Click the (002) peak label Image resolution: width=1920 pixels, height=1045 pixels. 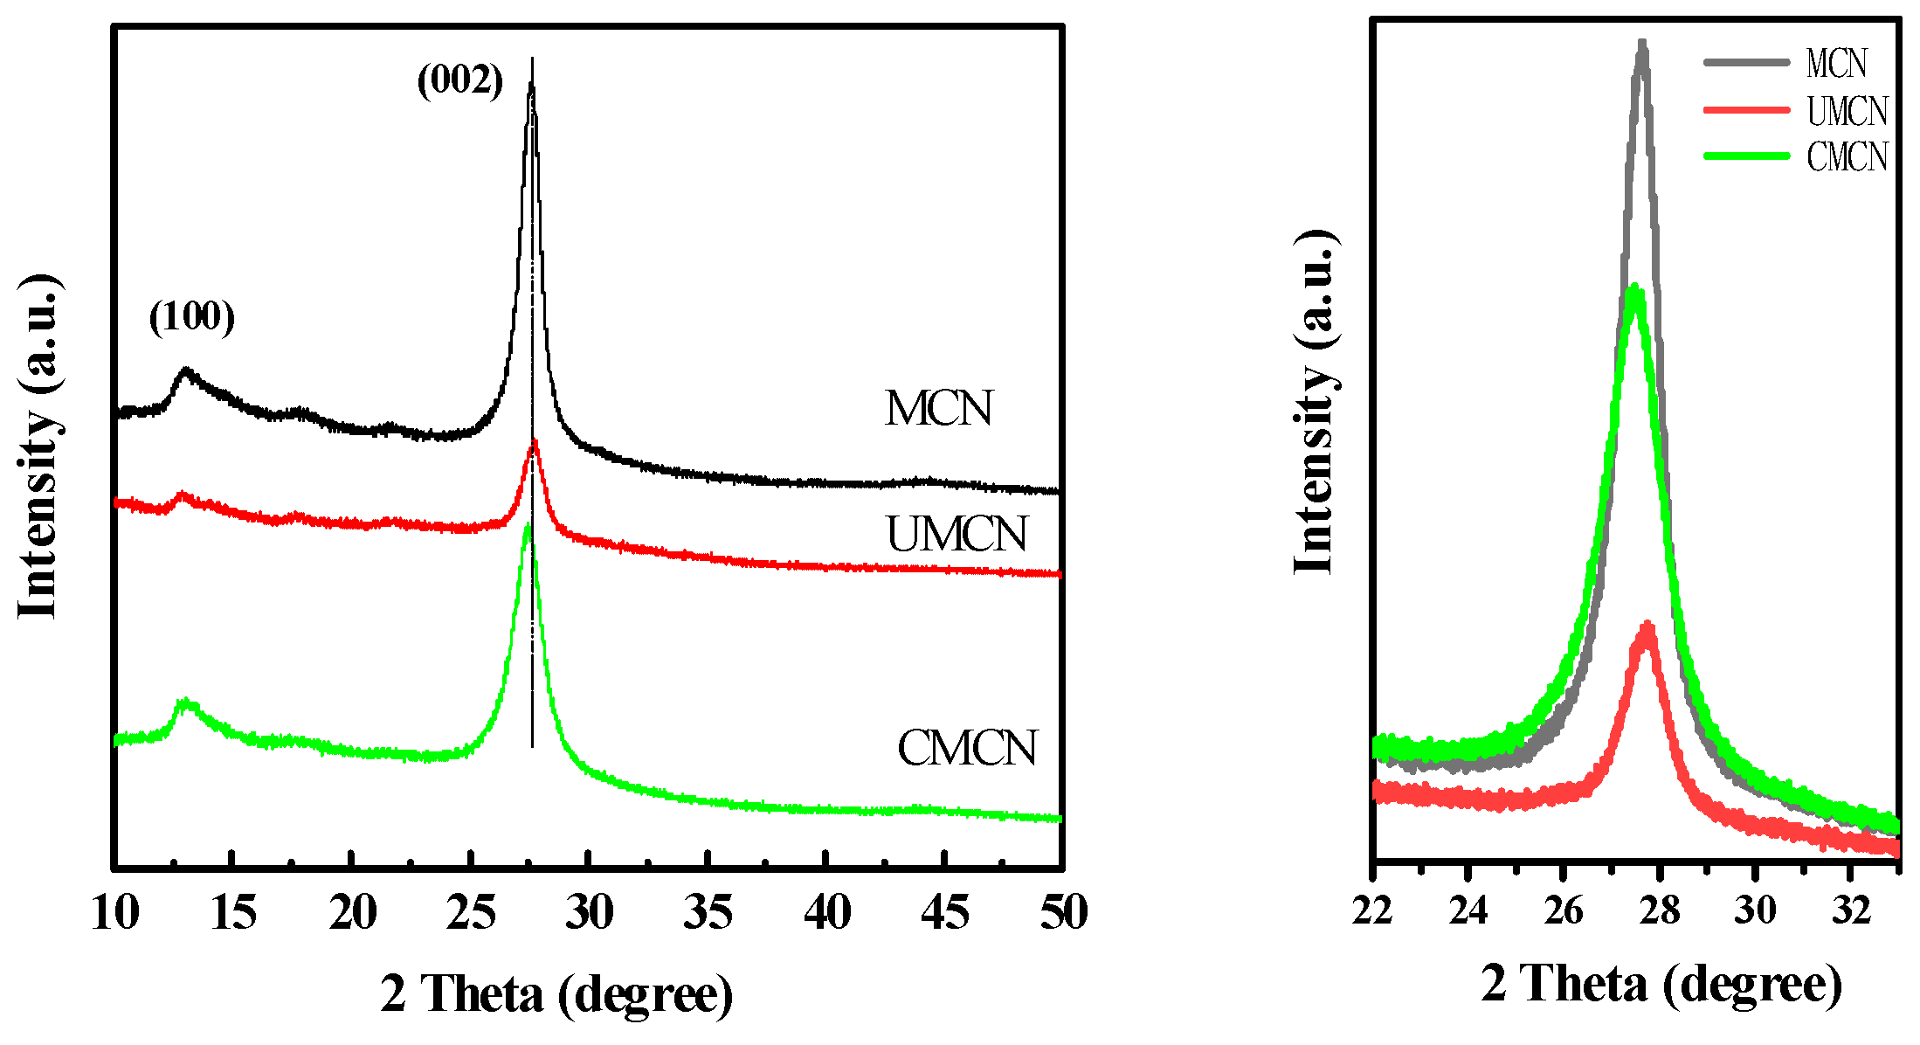[x=460, y=80]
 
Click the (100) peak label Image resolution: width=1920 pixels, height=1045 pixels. [x=192, y=316]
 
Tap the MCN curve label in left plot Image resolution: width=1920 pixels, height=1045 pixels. [x=939, y=408]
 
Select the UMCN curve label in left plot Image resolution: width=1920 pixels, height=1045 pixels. [x=957, y=534]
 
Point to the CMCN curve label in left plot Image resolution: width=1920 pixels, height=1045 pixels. [x=967, y=748]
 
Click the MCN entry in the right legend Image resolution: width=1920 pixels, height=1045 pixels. [x=1836, y=63]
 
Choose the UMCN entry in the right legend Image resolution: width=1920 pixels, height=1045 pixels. [x=1847, y=111]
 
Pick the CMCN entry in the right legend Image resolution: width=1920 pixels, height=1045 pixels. [x=1847, y=157]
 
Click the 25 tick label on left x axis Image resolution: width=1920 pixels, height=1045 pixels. [x=471, y=913]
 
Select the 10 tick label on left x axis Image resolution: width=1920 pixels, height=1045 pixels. [x=115, y=913]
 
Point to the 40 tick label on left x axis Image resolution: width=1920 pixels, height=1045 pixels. [x=826, y=913]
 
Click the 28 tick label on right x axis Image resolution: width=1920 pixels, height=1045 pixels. [x=1659, y=910]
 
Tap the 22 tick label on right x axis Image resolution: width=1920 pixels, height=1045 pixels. [x=1373, y=910]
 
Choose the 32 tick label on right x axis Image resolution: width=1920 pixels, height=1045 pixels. [x=1850, y=910]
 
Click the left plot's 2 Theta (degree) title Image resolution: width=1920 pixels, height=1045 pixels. [x=556, y=994]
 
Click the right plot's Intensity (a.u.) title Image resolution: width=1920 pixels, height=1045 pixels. [x=1315, y=402]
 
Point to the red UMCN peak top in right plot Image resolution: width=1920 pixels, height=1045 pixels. [x=1647, y=626]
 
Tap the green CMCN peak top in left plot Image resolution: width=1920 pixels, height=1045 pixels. [x=527, y=526]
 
